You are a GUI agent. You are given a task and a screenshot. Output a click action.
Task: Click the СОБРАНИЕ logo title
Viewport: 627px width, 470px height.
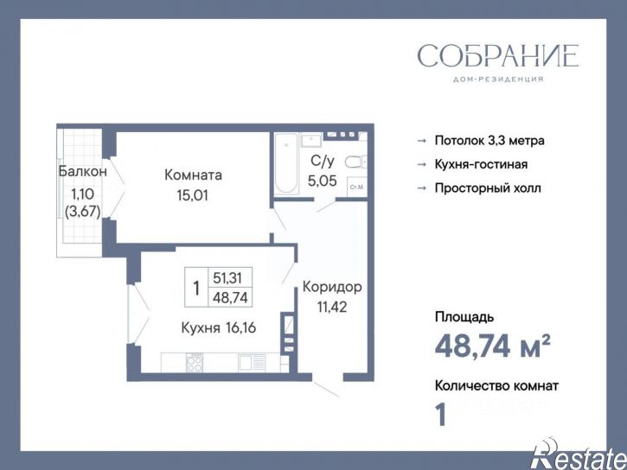497,56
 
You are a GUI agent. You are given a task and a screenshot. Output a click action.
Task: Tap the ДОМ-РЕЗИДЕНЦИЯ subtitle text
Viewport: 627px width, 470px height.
497,79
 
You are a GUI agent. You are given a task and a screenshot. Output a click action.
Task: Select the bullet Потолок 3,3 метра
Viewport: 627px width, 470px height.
489,140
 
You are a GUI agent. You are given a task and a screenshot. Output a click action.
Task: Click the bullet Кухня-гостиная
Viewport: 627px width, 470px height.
482,164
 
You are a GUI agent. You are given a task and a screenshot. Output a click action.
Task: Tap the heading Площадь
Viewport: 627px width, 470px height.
464,318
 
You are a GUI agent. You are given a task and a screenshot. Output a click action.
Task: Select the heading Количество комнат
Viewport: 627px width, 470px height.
496,386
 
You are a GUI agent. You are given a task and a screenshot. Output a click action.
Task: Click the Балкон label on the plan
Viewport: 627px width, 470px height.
82,171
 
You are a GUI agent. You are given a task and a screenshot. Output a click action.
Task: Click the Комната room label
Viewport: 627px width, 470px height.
193,175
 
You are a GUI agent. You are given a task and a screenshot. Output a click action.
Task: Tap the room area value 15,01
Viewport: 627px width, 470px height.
193,194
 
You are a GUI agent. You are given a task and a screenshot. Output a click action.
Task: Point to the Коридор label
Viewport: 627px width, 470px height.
331,287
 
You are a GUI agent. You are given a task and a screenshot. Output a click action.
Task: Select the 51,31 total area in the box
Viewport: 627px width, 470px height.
227,278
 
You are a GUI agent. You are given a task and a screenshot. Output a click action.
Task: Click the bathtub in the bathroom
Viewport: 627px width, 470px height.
285,164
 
